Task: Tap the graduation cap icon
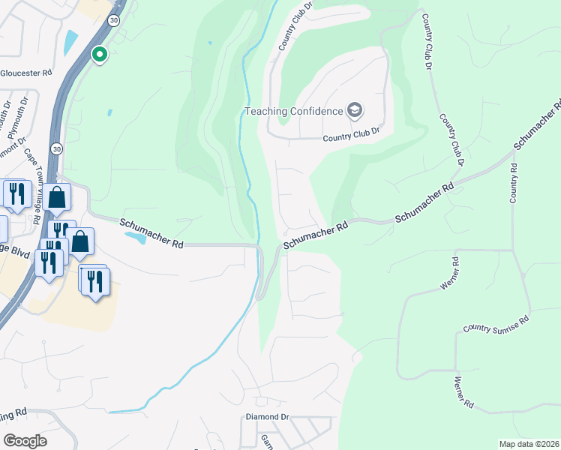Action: click(355, 112)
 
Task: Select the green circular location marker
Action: click(99, 55)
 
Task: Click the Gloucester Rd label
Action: click(25, 73)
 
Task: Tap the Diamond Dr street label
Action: click(267, 416)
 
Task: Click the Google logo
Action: click(25, 441)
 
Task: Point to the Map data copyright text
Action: click(529, 444)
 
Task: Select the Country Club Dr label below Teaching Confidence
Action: click(352, 138)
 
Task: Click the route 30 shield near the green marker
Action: click(113, 20)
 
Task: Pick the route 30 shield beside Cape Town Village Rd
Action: click(56, 149)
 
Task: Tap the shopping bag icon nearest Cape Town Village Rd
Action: click(57, 197)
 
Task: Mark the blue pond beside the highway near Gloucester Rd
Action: click(70, 42)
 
